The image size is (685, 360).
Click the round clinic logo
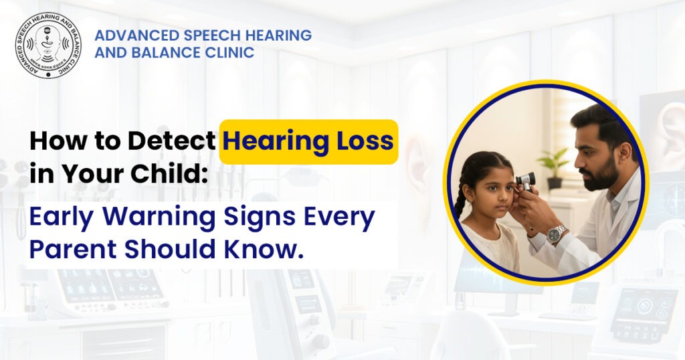pyautogui.click(x=48, y=45)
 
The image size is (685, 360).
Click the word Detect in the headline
pyautogui.click(x=175, y=142)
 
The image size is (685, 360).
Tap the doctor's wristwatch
pyautogui.click(x=557, y=234)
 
